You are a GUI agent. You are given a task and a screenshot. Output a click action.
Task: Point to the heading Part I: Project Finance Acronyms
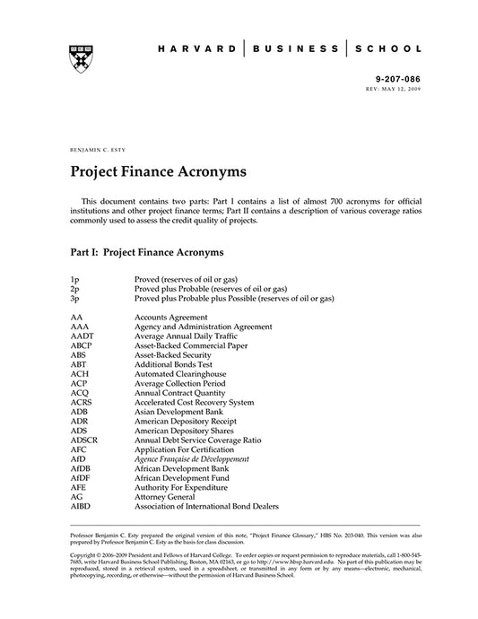(146, 253)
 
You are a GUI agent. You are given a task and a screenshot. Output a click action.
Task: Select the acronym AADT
(81, 336)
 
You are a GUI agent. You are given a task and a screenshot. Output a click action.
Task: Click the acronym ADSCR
(83, 440)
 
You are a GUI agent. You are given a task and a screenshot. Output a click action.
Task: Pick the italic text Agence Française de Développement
(191, 458)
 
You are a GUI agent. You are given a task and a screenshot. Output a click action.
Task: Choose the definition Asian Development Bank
(178, 411)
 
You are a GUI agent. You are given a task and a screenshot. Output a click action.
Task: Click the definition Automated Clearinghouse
(180, 373)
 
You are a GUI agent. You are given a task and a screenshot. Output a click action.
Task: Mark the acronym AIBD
(80, 505)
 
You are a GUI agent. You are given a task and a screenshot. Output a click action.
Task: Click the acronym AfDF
(80, 477)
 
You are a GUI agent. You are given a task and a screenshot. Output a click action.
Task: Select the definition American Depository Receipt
(185, 421)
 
